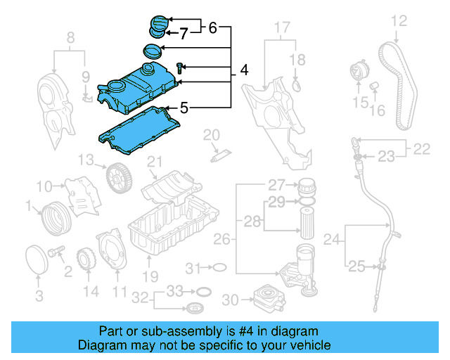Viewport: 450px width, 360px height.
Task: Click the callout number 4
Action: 244,70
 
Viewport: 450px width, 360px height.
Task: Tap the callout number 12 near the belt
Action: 399,21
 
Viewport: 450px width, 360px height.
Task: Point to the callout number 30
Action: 230,300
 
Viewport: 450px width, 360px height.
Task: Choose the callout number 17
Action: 281,28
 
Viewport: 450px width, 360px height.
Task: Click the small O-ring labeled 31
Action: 219,268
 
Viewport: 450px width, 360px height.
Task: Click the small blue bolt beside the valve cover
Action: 181,67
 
